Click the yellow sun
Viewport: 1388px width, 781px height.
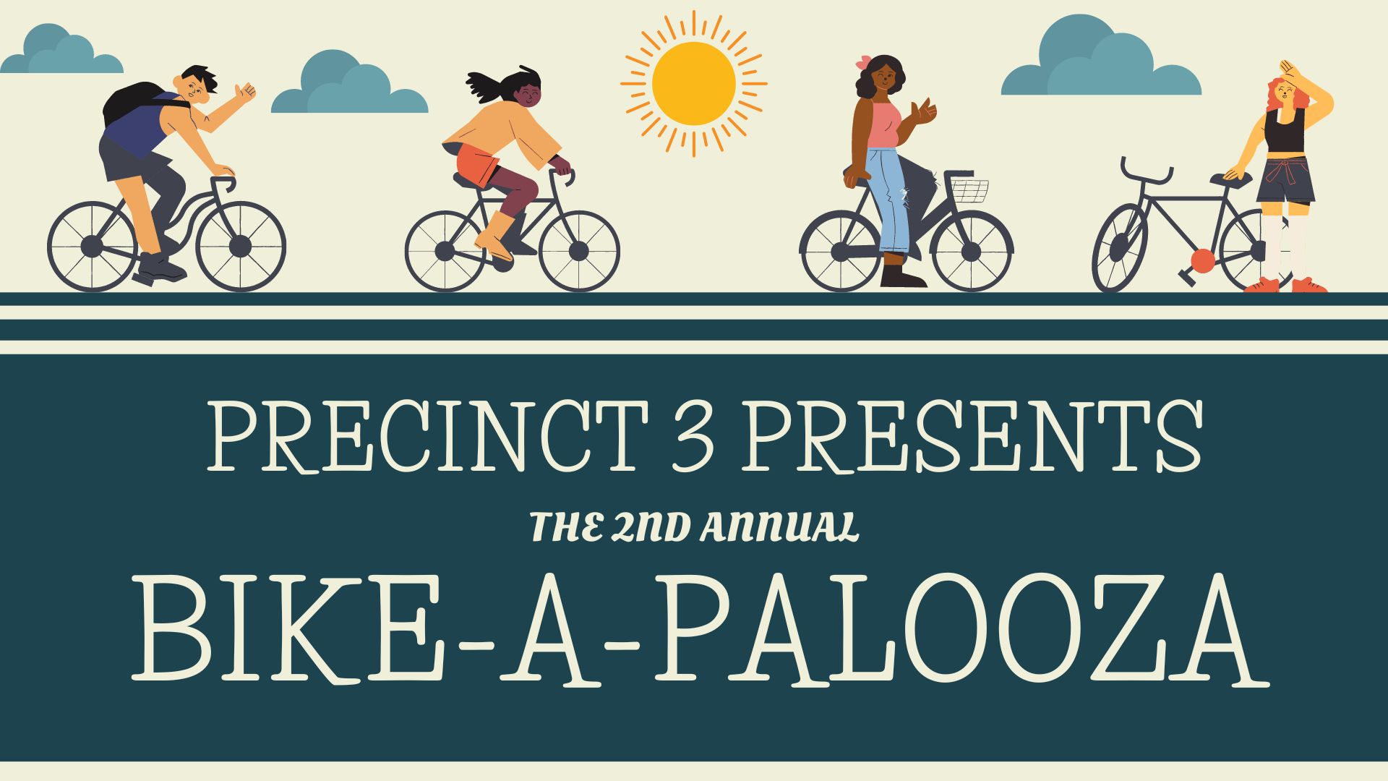pyautogui.click(x=693, y=83)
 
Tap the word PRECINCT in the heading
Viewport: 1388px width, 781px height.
pyautogui.click(x=427, y=437)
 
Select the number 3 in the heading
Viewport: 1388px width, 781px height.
pyautogui.click(x=693, y=437)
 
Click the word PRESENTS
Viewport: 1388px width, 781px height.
pyautogui.click(x=972, y=437)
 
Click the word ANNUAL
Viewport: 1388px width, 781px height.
pyautogui.click(x=780, y=527)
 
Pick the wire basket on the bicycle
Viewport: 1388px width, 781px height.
pyautogui.click(x=969, y=189)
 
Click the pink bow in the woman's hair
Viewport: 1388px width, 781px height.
pyautogui.click(x=862, y=63)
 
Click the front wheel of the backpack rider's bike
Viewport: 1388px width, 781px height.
pyautogui.click(x=241, y=247)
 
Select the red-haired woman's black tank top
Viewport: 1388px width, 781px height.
pyautogui.click(x=1284, y=131)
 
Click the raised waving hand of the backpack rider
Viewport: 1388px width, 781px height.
pyautogui.click(x=246, y=92)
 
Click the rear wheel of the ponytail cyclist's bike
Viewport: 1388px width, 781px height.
pyautogui.click(x=445, y=251)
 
